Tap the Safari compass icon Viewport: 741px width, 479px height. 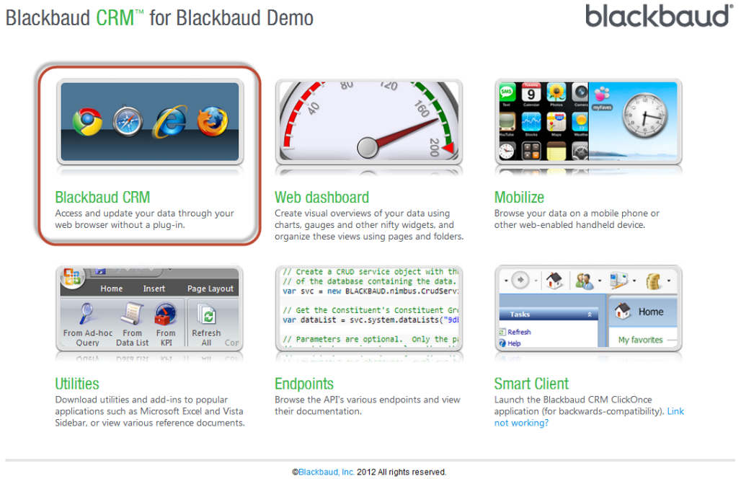click(x=127, y=123)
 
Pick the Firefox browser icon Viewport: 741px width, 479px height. click(x=212, y=121)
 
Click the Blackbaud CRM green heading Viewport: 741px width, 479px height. click(x=102, y=198)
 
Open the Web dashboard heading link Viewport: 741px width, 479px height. click(x=321, y=198)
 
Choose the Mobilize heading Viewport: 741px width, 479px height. click(x=519, y=198)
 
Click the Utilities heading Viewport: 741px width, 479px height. click(x=77, y=384)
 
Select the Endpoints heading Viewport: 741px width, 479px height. click(x=304, y=384)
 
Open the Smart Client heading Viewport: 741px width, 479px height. click(x=531, y=384)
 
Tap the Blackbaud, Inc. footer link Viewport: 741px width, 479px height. click(x=326, y=472)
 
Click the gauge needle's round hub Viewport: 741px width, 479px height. click(x=368, y=147)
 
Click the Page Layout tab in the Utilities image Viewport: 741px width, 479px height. click(x=210, y=289)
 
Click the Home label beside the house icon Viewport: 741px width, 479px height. click(x=651, y=312)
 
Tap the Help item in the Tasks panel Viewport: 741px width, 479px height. click(x=514, y=343)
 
